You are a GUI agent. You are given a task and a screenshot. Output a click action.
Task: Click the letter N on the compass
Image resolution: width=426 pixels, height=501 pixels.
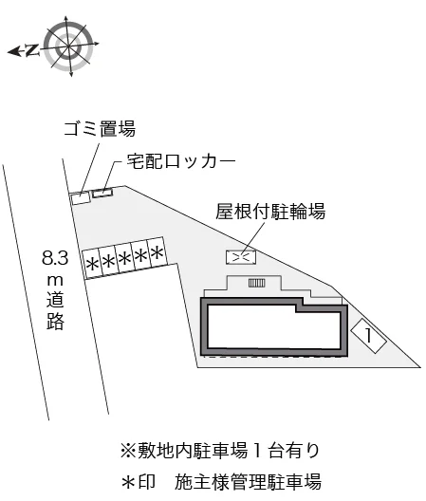click(31, 50)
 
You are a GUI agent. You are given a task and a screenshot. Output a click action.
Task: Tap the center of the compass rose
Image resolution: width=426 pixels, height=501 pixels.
click(69, 46)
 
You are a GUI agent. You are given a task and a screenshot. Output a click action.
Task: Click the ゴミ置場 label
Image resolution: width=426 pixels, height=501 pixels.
click(100, 128)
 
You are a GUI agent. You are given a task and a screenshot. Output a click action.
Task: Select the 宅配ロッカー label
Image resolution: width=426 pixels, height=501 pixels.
click(181, 161)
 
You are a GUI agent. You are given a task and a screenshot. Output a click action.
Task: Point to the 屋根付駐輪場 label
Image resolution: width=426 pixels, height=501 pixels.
click(270, 212)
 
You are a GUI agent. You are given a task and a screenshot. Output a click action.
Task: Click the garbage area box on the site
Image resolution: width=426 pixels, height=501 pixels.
click(81, 198)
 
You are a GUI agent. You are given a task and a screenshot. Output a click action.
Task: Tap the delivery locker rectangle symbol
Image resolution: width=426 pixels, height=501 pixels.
click(102, 193)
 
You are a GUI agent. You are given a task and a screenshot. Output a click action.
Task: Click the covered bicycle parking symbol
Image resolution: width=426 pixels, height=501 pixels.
click(241, 257)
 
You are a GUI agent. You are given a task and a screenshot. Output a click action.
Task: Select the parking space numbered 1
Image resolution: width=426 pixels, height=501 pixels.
click(368, 336)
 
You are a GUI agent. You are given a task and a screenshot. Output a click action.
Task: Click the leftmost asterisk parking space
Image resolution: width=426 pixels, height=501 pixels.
click(92, 264)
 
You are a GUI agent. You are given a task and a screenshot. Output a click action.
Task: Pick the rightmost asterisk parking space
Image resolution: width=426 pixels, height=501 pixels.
click(157, 253)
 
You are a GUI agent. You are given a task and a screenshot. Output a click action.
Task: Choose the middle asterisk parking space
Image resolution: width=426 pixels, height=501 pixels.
click(124, 258)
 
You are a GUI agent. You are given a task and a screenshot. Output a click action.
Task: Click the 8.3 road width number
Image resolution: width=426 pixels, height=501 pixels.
click(55, 257)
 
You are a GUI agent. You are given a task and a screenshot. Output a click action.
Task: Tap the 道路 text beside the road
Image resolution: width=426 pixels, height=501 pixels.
click(56, 311)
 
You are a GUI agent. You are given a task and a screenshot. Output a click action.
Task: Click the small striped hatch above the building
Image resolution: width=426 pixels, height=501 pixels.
click(256, 283)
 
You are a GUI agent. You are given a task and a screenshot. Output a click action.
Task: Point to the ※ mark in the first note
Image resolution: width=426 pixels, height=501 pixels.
click(128, 450)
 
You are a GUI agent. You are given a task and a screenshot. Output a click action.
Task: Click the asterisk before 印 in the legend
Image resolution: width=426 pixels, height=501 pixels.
click(128, 482)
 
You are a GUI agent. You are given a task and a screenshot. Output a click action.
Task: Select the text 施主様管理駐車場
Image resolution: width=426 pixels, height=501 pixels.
click(248, 482)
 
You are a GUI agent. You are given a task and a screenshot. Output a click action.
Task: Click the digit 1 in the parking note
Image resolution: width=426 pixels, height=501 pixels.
click(257, 450)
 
